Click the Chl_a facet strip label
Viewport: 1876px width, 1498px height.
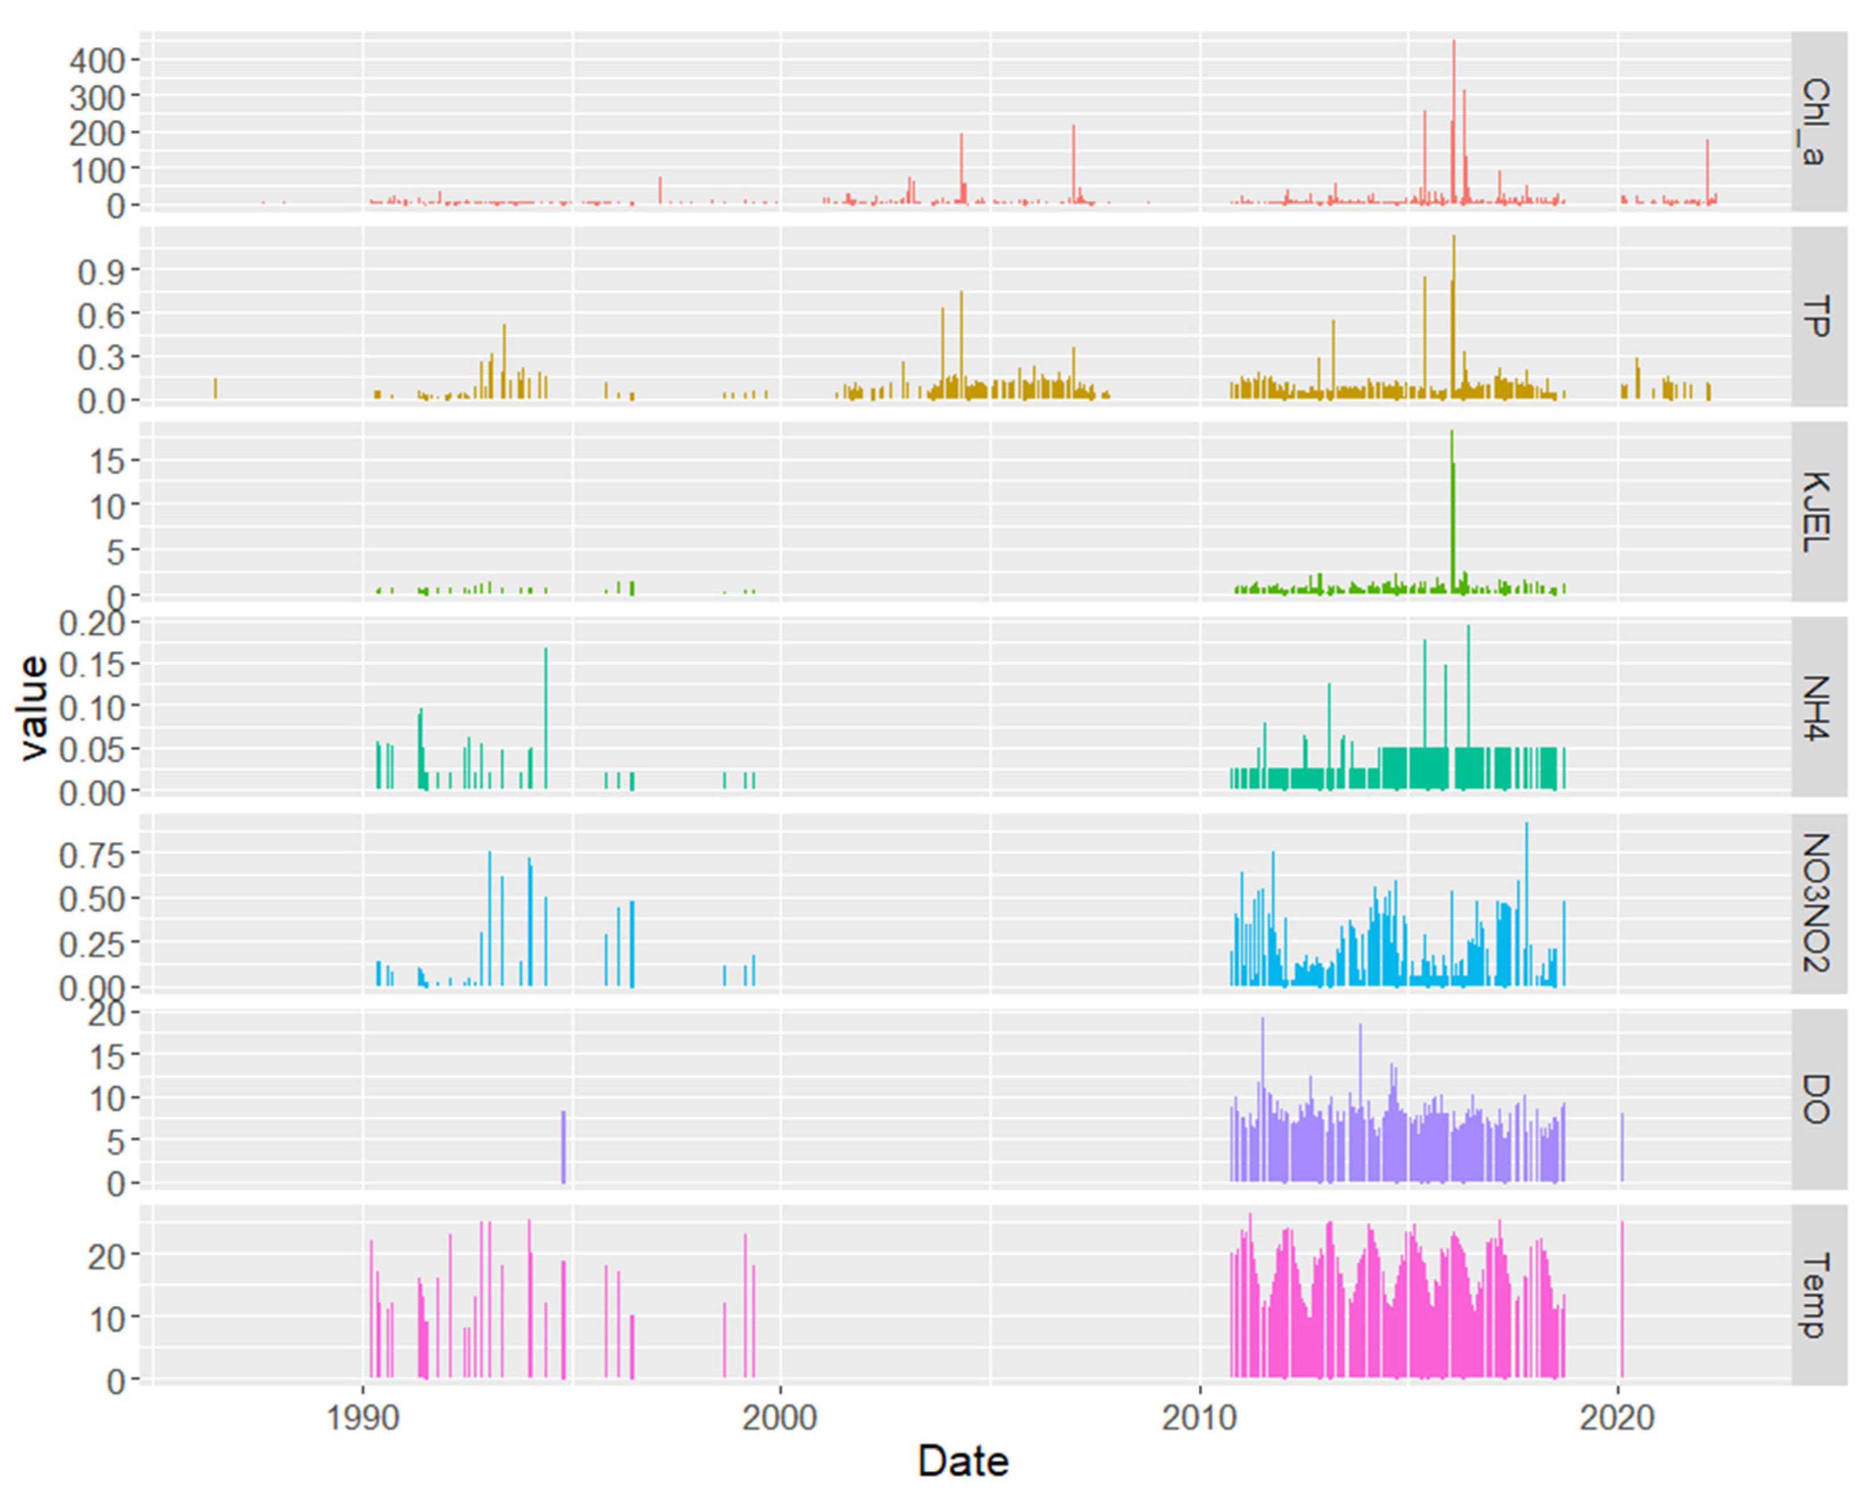point(1818,122)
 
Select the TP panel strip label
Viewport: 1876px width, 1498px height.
point(1818,316)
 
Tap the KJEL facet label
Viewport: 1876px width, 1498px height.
point(1818,512)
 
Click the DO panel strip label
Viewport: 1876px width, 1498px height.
point(1818,1098)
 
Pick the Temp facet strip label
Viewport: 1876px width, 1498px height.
point(1818,1294)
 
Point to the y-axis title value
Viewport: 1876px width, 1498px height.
point(33,707)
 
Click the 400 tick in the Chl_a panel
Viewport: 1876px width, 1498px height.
point(97,60)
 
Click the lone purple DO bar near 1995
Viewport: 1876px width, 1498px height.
point(563,1147)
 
